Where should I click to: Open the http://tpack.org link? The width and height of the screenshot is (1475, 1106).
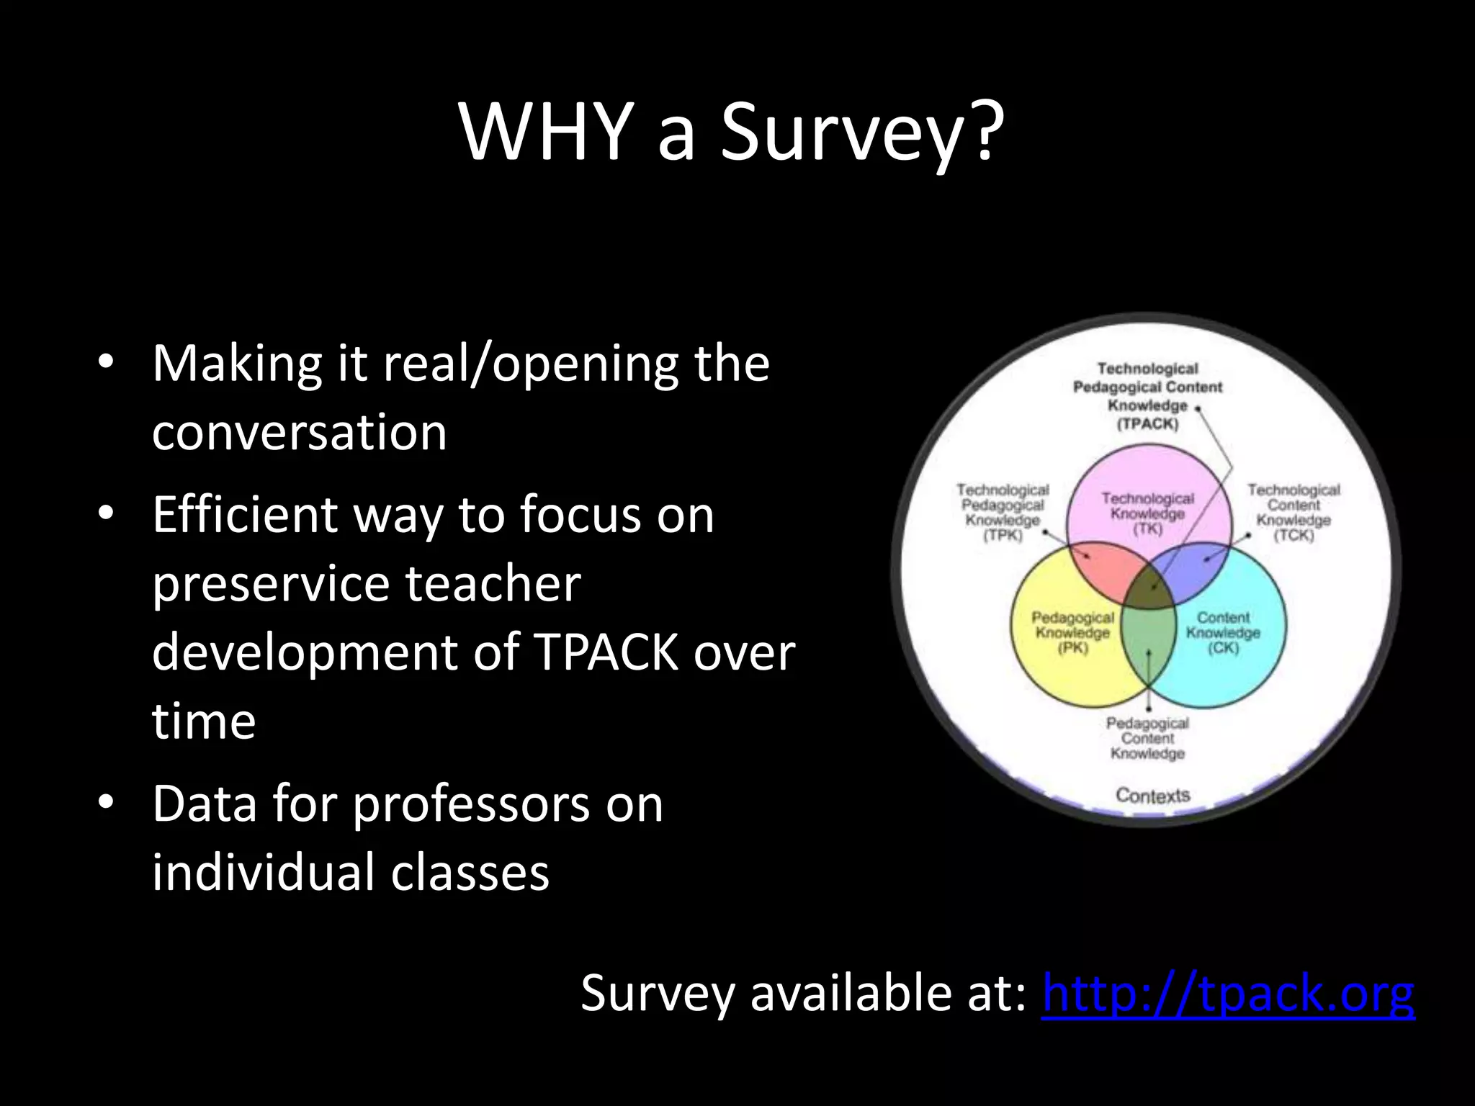1228,994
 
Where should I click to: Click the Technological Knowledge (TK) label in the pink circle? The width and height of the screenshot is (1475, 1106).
1147,513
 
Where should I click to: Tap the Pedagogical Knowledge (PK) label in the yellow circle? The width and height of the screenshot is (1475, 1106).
1072,632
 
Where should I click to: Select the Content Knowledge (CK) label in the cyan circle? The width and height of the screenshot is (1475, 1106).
1223,632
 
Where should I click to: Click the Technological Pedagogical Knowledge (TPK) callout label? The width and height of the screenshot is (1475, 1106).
1003,513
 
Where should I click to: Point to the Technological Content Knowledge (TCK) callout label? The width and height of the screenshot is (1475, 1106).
1294,513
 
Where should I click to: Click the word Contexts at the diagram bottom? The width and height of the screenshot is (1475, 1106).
1152,795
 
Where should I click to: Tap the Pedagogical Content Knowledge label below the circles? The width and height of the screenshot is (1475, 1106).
1147,738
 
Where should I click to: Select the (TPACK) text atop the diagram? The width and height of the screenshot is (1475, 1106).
1147,424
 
